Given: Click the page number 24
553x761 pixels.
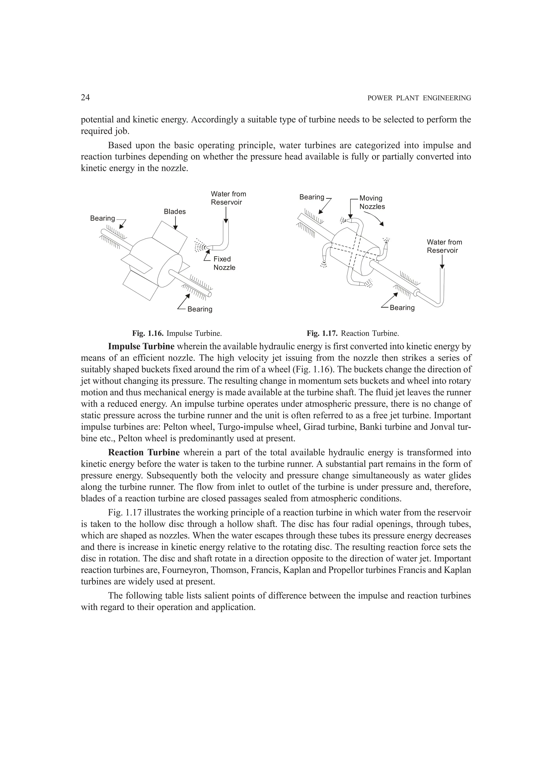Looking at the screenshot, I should [x=85, y=98].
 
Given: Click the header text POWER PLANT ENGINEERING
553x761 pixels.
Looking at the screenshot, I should [x=419, y=98].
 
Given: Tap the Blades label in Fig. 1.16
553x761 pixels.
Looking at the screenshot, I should [x=174, y=212].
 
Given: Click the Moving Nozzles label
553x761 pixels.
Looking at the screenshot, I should [x=372, y=202].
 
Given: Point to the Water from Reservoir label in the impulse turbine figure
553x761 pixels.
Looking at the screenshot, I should [x=228, y=198].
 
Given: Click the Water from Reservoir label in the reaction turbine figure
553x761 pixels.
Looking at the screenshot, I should [x=444, y=246].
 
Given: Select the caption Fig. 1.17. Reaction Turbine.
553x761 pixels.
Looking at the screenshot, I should [x=352, y=334].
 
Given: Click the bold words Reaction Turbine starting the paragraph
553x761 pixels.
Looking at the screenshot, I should [x=144, y=453].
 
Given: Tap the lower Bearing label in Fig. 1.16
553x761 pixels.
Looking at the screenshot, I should [x=200, y=309].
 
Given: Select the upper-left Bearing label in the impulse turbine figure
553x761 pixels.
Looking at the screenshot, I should [x=102, y=218].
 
